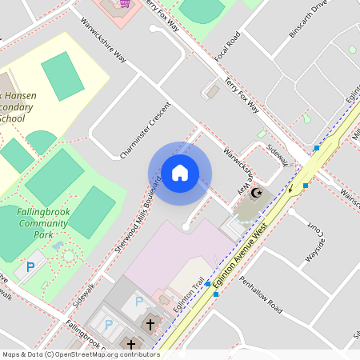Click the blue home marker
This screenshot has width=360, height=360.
pos(180,173)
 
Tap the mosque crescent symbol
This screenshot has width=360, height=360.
pos(257,193)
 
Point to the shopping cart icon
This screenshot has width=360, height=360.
pos(124,3)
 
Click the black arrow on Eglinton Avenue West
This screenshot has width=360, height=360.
pos(291,190)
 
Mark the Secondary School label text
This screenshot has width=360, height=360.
pos(14,106)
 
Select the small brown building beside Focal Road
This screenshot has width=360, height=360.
pos(213,92)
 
